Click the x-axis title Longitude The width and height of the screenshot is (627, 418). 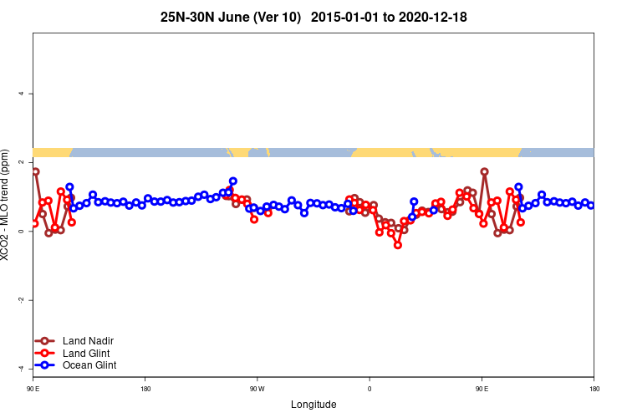313,405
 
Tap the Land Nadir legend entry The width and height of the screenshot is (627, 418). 88,341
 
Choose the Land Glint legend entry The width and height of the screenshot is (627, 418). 87,353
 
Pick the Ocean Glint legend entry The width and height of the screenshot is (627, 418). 89,365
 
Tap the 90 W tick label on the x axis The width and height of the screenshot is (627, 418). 257,389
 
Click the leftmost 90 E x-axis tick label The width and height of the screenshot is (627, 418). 33,389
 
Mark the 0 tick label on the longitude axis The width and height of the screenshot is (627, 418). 370,389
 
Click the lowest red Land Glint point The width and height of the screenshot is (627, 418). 398,245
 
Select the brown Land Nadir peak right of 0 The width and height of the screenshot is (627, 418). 485,171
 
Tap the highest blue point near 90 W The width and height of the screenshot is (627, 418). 233,181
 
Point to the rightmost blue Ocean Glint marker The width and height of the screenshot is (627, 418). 591,205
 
